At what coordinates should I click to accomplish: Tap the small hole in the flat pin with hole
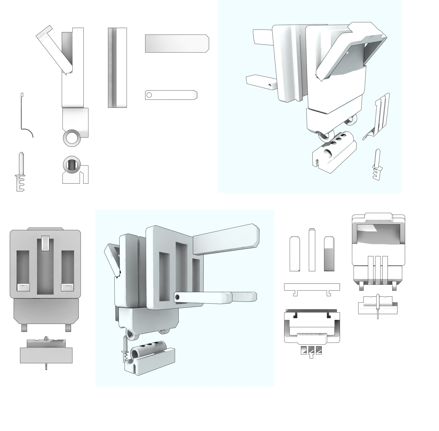(x=149, y=95)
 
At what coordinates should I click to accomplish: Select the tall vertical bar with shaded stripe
(x=117, y=68)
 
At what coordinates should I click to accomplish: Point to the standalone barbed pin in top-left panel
(x=21, y=171)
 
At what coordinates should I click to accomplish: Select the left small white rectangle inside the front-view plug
(x=23, y=287)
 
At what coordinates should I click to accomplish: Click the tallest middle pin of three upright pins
(x=312, y=250)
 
